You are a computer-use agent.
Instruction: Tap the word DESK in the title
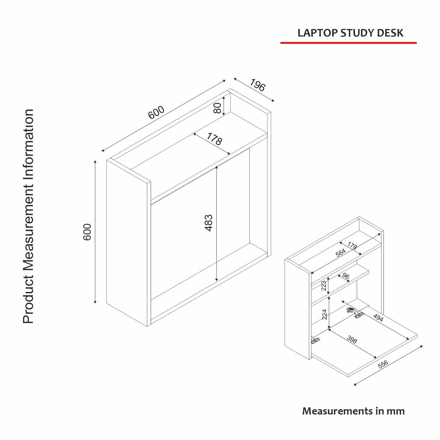click(390, 33)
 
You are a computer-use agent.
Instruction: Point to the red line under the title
click(348, 42)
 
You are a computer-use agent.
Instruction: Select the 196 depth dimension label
click(258, 85)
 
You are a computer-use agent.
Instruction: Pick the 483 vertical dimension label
click(208, 223)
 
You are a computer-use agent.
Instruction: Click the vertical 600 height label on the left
click(87, 232)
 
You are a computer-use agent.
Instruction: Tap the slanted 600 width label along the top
click(156, 112)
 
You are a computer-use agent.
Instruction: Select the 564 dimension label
click(340, 253)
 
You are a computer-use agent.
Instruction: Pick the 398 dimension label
click(352, 340)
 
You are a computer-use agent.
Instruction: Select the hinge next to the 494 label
click(354, 312)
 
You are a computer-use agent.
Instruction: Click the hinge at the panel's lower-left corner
click(316, 340)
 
